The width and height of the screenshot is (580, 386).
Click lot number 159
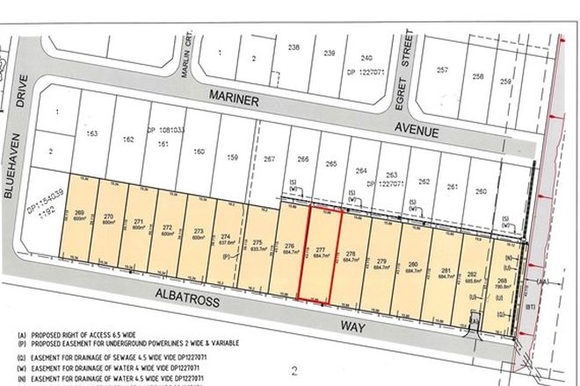[x=233, y=158]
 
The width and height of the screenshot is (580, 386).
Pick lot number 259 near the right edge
[x=505, y=82]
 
